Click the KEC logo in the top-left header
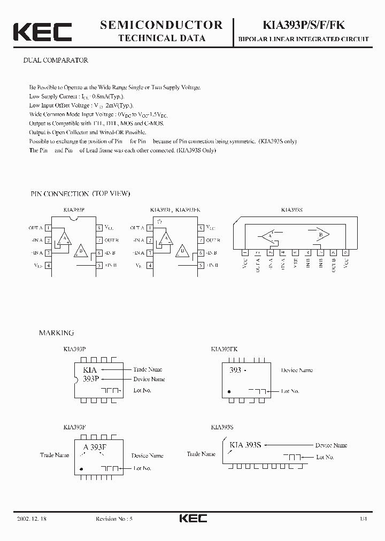click(42, 32)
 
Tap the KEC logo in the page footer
click(192, 518)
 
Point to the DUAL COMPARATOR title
click(56, 60)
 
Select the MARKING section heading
click(56, 333)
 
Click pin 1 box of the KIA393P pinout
click(48, 227)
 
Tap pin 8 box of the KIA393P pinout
click(99, 227)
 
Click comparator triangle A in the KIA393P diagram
click(65, 238)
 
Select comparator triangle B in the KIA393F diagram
click(182, 251)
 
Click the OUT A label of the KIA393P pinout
click(36, 228)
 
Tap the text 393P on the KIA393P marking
click(90, 378)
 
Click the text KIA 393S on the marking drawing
click(245, 445)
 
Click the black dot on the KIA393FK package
click(229, 391)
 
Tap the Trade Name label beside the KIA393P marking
click(148, 369)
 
